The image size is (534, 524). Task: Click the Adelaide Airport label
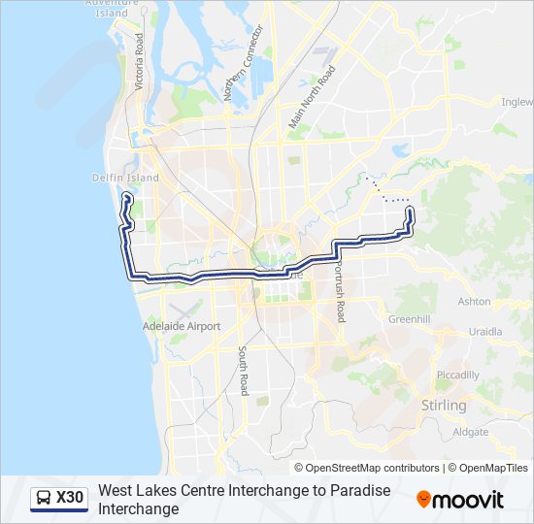[182, 327]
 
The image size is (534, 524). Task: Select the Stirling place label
[444, 405]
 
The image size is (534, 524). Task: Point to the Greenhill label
[409, 318]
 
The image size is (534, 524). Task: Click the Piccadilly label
[457, 375]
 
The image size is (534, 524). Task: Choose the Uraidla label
[484, 331]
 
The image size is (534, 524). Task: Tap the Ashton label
[475, 302]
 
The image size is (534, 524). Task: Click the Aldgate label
[471, 431]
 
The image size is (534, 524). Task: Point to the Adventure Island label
[106, 9]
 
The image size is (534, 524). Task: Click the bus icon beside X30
[44, 499]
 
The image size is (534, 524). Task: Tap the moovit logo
[460, 500]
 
